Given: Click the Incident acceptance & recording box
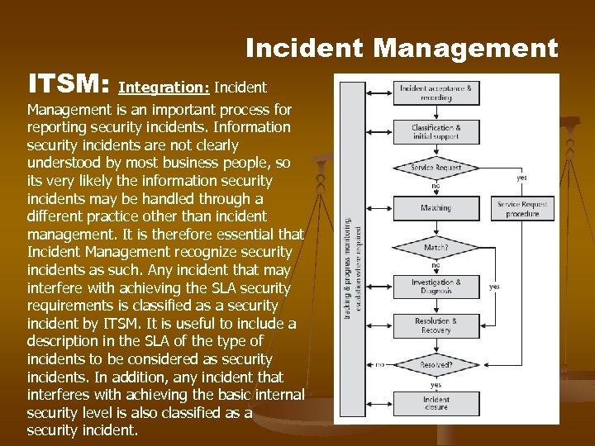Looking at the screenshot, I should coord(436,93).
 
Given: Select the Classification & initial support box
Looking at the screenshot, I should coord(436,132).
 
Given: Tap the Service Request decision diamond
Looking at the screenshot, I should coord(436,168).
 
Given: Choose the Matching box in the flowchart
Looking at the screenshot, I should coord(436,208).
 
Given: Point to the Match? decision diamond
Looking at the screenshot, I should coord(436,246).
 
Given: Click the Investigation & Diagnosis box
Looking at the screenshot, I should coord(436,286).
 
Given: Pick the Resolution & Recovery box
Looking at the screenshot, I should coord(436,325).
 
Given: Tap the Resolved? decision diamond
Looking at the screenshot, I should coord(436,363).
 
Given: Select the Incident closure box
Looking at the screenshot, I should coord(436,403).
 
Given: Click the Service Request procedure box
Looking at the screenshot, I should coord(521,208).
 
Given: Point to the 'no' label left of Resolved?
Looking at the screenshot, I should coord(380,363).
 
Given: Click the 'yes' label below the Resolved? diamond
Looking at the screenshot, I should coord(436,384).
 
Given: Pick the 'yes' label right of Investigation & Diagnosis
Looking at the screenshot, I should coord(494,287).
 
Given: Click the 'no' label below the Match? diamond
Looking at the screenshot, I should coord(436,265).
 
